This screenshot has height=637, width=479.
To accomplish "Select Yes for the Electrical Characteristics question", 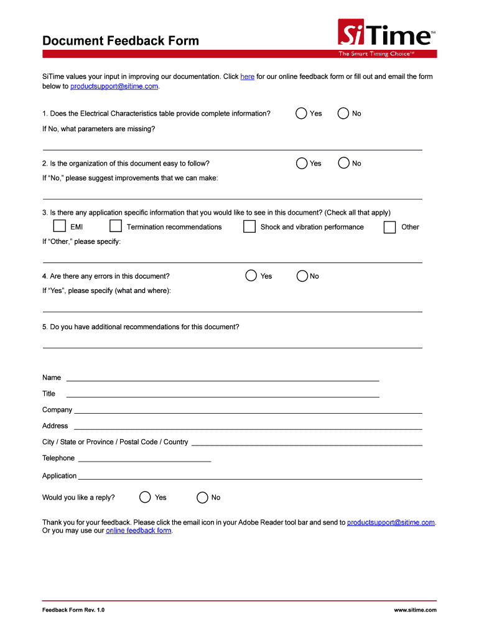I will tap(302, 113).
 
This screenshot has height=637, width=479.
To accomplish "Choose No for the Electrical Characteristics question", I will tap(343, 113).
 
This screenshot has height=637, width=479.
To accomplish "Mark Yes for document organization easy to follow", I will tap(302, 163).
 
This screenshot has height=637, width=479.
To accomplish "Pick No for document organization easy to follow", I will tap(343, 163).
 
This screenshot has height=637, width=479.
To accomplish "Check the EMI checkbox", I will tap(59, 226).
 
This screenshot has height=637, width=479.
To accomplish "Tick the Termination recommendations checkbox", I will tap(115, 226).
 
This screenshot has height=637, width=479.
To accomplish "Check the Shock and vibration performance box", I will tap(249, 226).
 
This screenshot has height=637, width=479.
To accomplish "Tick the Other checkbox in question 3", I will tap(389, 227).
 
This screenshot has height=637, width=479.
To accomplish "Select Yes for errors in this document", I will tap(251, 276).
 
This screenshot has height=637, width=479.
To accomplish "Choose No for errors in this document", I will tap(302, 276).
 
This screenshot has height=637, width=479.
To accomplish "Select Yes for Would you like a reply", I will tap(145, 497).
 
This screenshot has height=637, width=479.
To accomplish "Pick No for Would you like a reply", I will tap(202, 497).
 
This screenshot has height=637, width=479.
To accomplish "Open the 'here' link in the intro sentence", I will tap(247, 77).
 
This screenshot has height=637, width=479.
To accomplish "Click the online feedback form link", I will tap(139, 531).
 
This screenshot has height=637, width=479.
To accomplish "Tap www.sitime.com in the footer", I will tap(415, 610).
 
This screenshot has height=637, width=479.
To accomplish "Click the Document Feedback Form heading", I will tap(121, 41).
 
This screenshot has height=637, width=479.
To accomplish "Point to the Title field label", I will tap(49, 394).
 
